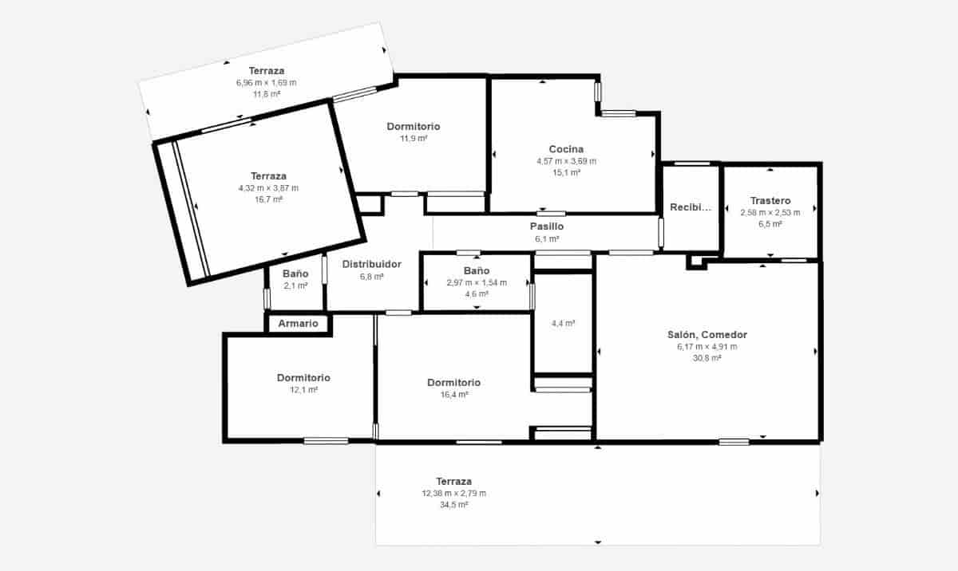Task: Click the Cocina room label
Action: [566, 149]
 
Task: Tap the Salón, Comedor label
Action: [707, 335]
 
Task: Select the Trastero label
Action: [770, 201]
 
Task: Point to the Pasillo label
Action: [547, 226]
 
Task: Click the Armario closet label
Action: [298, 324]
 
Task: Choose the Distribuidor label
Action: [372, 264]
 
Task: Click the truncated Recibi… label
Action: [691, 207]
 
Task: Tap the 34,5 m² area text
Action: [453, 505]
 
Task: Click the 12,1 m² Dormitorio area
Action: [303, 390]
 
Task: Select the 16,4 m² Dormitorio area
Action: [453, 395]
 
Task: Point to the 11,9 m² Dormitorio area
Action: [414, 139]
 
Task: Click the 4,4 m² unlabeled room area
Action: [563, 324]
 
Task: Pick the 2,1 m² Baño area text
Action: [295, 285]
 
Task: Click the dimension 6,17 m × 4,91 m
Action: [707, 347]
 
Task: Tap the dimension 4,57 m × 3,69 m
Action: [566, 161]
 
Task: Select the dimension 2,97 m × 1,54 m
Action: [477, 283]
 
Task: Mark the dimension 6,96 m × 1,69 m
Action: [267, 83]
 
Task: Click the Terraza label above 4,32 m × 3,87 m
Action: [268, 176]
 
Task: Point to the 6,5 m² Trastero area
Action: [770, 224]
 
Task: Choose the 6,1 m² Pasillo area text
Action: [547, 239]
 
